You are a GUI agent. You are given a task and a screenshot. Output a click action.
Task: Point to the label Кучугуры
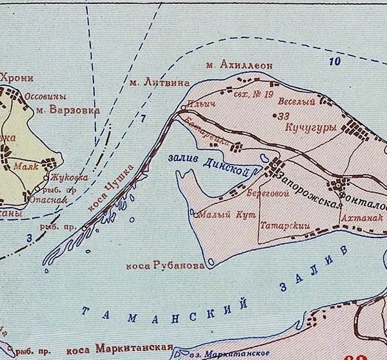tap(310, 128)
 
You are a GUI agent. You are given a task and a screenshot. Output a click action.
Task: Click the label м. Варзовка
tap(68, 110)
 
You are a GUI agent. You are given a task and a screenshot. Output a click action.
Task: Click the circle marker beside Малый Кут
tap(195, 215)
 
